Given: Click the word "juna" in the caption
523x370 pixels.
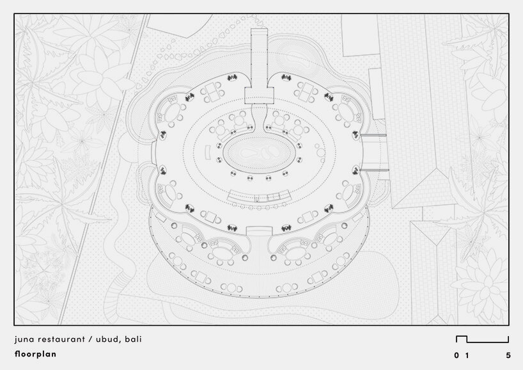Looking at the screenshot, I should click(23, 339).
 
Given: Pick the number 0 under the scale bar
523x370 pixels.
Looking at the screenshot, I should click(457, 355).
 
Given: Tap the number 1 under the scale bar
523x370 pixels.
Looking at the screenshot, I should click(467, 355).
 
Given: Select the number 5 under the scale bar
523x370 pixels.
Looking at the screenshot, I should click(508, 355).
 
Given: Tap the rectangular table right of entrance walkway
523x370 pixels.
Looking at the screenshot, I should click(308, 97).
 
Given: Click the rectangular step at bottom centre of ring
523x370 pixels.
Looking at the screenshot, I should click(260, 231).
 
